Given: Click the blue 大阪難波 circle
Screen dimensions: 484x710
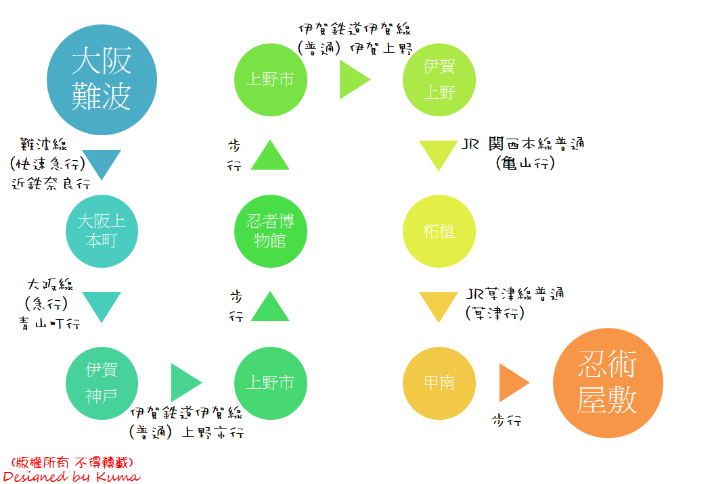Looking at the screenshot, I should (x=102, y=80).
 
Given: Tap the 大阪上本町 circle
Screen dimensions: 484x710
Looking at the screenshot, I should (x=102, y=231).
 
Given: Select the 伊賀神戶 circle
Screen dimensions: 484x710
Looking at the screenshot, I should (x=102, y=383).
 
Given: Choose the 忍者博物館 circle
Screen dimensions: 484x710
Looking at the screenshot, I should (x=270, y=231).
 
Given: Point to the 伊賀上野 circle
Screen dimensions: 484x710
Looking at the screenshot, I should (x=439, y=80).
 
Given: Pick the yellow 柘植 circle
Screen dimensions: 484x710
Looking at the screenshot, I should (x=439, y=231).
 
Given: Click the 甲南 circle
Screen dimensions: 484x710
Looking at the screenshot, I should (x=439, y=383).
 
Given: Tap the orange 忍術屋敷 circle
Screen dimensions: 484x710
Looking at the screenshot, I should (x=607, y=383).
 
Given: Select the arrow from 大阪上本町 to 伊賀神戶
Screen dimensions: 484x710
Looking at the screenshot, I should (x=102, y=306).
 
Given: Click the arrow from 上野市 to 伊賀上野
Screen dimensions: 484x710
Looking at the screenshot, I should (x=353, y=80).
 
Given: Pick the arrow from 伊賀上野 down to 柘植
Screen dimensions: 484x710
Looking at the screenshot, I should (x=439, y=154).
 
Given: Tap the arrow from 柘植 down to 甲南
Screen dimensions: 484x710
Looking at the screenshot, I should (x=439, y=306).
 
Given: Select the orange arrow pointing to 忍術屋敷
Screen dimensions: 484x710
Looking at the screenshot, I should (x=512, y=383).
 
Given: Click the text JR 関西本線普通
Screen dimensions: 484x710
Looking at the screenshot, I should (x=523, y=144).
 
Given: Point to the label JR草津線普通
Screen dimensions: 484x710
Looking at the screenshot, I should (x=515, y=294).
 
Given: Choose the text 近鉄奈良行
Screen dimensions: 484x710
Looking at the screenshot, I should (x=51, y=184).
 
